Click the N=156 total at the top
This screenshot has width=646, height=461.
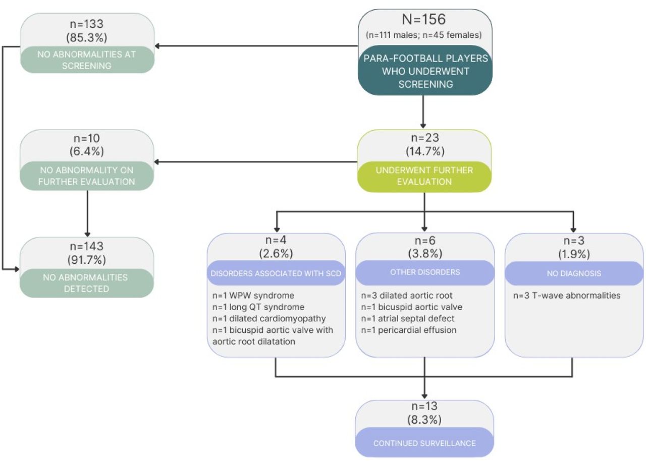[423, 19]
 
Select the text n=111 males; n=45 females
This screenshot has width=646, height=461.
[423, 35]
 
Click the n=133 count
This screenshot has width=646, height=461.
[86, 24]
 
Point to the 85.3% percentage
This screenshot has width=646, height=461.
[86, 37]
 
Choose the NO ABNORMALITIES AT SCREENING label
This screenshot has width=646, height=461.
[86, 60]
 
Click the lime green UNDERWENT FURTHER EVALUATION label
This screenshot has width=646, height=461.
[424, 176]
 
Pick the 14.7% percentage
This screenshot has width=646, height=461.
[425, 151]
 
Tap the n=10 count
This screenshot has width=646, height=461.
[86, 138]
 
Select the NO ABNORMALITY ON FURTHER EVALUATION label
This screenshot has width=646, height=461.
[86, 176]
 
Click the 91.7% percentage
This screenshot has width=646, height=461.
[86, 260]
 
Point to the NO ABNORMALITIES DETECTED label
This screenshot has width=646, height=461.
[85, 283]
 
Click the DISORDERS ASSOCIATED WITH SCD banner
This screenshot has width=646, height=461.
[276, 273]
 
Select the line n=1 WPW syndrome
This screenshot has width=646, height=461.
[253, 296]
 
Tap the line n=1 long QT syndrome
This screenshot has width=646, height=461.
[258, 307]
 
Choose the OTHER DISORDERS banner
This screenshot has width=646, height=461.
[425, 272]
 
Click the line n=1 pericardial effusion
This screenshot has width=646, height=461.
[409, 330]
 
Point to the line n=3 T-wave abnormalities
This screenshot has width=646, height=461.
[567, 296]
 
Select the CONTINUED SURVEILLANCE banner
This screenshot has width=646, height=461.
[424, 443]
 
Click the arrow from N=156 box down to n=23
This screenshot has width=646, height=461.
[423, 112]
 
